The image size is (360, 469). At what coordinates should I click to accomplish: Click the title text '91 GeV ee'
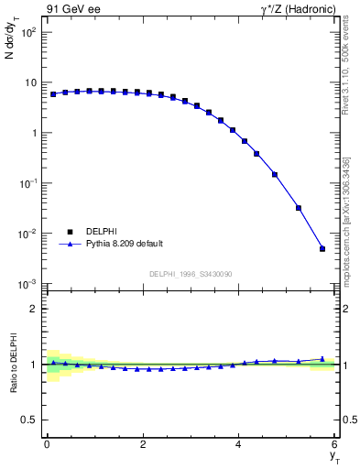pyautogui.click(x=71, y=10)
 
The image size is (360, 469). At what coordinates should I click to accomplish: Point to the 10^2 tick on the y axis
pyautogui.click(x=29, y=32)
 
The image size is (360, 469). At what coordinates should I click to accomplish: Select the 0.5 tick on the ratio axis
pyautogui.click(x=30, y=420)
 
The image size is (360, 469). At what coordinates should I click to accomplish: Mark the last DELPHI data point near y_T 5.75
pyautogui.click(x=322, y=248)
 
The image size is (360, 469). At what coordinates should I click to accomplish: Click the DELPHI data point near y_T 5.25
pyautogui.click(x=299, y=208)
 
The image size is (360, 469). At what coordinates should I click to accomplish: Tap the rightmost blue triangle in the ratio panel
pyautogui.click(x=322, y=359)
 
